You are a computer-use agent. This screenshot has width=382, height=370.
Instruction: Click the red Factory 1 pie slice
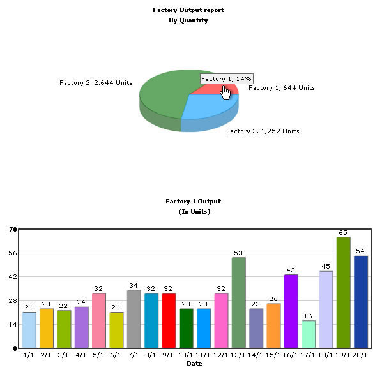pos(215,90)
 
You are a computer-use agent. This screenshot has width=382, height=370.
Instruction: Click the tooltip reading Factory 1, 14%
pos(226,79)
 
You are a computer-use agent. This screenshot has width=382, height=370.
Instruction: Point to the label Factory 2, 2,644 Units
pos(96,83)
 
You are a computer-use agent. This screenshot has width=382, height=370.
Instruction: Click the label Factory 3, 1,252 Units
pos(263,131)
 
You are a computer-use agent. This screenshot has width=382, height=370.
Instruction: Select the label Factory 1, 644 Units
pos(282,88)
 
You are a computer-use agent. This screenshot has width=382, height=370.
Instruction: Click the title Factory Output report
pos(188,10)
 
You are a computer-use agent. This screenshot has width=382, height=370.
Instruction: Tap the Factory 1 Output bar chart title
pos(194,202)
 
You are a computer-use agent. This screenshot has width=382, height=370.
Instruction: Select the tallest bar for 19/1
pos(343,292)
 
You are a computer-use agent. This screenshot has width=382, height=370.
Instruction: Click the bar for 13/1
pos(239,302)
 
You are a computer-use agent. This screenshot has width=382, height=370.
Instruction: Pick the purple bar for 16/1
pos(291,311)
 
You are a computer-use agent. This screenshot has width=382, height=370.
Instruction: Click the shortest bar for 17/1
pos(309,334)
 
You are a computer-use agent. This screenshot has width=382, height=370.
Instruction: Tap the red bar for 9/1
pos(169,321)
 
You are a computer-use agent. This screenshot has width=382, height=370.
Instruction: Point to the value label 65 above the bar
pos(343,233)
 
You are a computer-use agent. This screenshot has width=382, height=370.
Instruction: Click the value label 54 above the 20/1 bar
pos(360,251)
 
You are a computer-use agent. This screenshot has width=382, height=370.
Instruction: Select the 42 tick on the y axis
pos(13,277)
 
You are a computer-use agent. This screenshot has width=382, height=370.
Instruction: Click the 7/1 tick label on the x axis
pos(134,355)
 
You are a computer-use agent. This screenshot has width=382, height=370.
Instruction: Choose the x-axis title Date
pos(194,364)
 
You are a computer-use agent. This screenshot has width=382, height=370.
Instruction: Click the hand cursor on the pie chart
pos(225,93)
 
